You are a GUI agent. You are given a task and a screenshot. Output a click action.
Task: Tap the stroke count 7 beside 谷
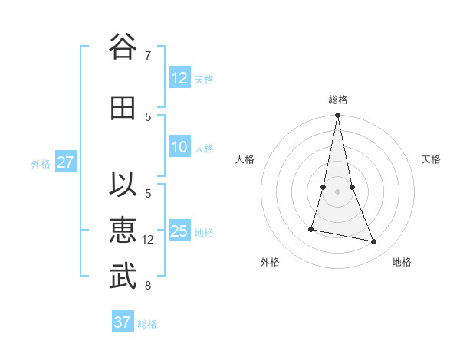[x=148, y=56]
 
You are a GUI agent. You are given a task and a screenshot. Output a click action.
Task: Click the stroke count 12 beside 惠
[x=148, y=240]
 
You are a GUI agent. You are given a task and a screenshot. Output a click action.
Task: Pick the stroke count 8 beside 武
[x=148, y=286]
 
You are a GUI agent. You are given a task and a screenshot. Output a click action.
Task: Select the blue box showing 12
[x=179, y=78]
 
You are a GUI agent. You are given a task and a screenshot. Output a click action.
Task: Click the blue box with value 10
[x=179, y=147]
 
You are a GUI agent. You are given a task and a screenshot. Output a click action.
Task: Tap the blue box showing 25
[x=179, y=231]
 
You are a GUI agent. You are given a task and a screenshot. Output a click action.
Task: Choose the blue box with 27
[x=65, y=162]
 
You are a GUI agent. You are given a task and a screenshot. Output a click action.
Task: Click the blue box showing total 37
[x=123, y=322]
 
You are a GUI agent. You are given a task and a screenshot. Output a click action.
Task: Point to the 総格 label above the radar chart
[x=338, y=100]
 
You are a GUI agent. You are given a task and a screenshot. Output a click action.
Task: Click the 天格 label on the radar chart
[x=432, y=159]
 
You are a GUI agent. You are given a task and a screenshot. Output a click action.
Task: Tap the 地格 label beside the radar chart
[x=402, y=262]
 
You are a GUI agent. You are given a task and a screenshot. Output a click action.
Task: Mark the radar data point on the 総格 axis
[x=337, y=116]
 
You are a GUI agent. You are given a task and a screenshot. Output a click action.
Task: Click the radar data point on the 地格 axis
[x=374, y=242]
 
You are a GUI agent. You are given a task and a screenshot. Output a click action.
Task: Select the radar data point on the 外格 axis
[x=311, y=228]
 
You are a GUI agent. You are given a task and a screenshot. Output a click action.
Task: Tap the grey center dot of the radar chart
[x=337, y=191]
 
